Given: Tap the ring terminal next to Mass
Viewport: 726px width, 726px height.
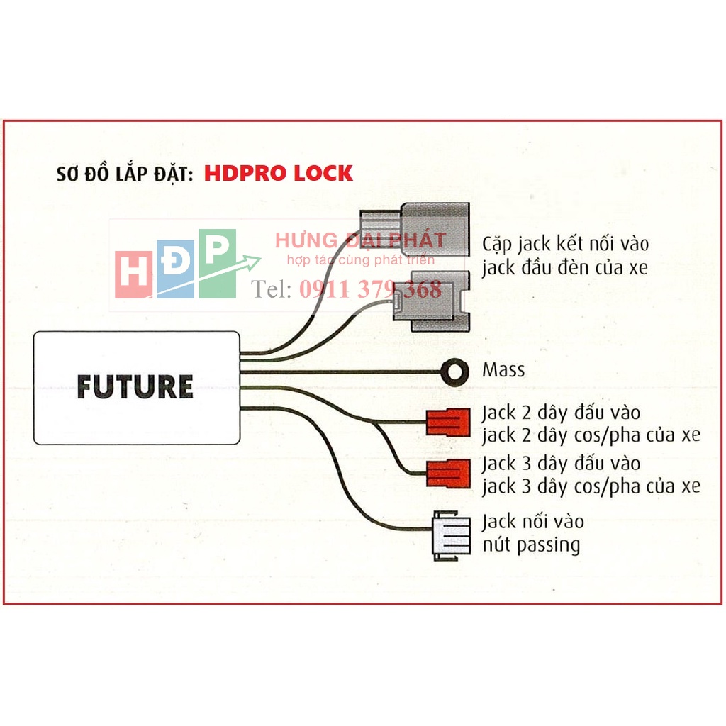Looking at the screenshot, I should pyautogui.click(x=454, y=371).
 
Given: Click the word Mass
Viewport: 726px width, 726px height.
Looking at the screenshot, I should pyautogui.click(x=503, y=370).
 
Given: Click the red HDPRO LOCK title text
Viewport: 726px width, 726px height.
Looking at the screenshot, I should pyautogui.click(x=279, y=174).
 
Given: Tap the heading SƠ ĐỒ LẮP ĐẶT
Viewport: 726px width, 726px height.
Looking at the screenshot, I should pyautogui.click(x=124, y=174).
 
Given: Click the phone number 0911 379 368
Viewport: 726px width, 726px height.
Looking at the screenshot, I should pyautogui.click(x=370, y=289).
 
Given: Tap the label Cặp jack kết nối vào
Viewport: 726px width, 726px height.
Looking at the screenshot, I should pyautogui.click(x=565, y=244).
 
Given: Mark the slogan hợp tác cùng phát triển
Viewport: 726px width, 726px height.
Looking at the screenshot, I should pyautogui.click(x=360, y=260).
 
